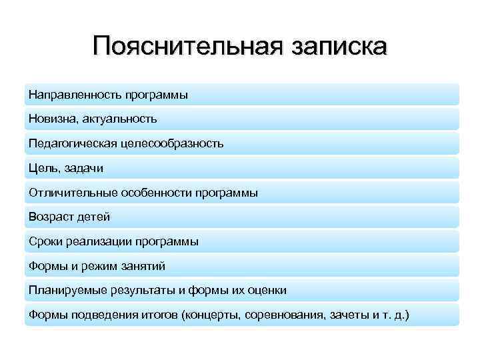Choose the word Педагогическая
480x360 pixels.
tap(73, 143)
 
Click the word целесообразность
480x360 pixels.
tap(173, 143)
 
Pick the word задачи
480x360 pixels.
tap(85, 168)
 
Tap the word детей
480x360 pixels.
tap(94, 217)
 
